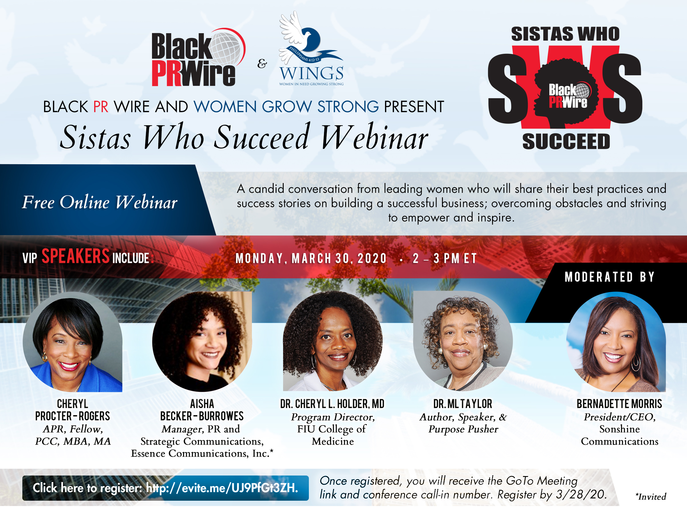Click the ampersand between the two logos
point(262,64)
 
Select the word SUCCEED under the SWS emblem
point(566,142)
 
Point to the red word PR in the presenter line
point(101,107)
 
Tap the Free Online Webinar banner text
point(100,202)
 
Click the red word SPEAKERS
point(76,256)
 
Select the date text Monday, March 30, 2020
point(311,259)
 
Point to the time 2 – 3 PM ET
point(445,259)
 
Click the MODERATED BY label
point(609,277)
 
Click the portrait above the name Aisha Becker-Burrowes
point(202,341)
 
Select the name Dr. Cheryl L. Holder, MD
point(332,404)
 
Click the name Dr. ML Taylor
point(463,404)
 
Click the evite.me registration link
point(222,488)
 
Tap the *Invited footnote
point(651,497)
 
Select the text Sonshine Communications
point(620,435)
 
